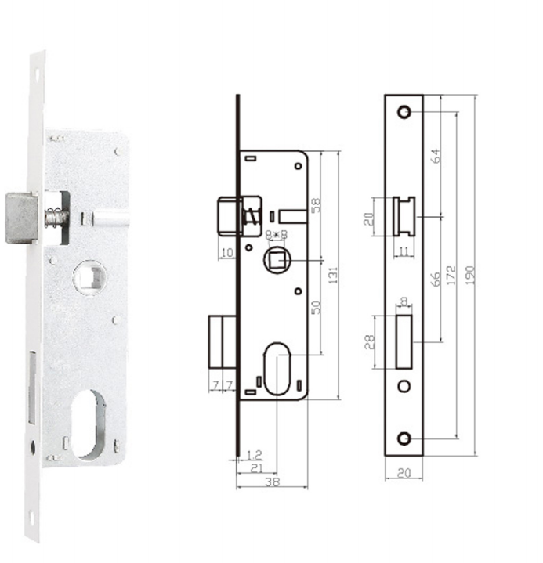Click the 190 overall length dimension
point(470,276)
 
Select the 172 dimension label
point(451,276)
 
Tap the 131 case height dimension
point(333,276)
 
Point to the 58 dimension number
point(316,205)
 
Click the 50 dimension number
point(316,308)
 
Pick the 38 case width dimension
point(272,482)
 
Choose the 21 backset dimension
point(256,467)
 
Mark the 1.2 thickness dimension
point(255,455)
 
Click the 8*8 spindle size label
point(277,235)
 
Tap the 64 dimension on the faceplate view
point(435,156)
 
